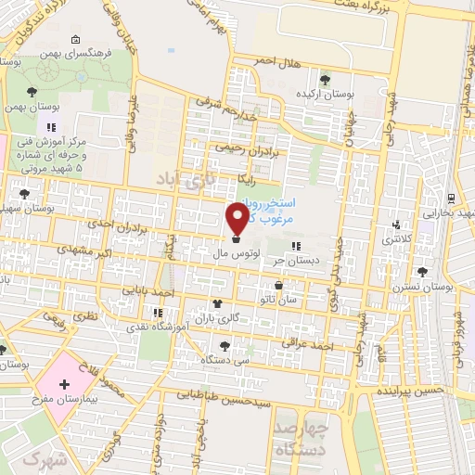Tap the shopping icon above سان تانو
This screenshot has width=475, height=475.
[x=278, y=286]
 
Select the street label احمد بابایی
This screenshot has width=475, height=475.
[x=152, y=292]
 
